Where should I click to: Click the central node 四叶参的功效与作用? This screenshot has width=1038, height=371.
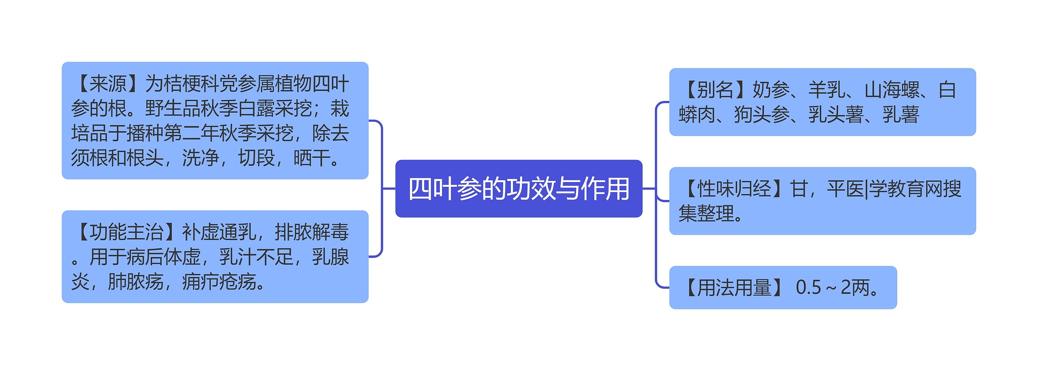pos(519,189)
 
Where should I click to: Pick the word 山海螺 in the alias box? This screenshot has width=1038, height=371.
pos(892,90)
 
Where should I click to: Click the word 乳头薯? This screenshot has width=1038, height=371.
pos(836,115)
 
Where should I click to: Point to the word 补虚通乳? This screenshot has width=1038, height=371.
pos(219,232)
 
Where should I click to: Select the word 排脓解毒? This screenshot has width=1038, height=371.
pos(311,232)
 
